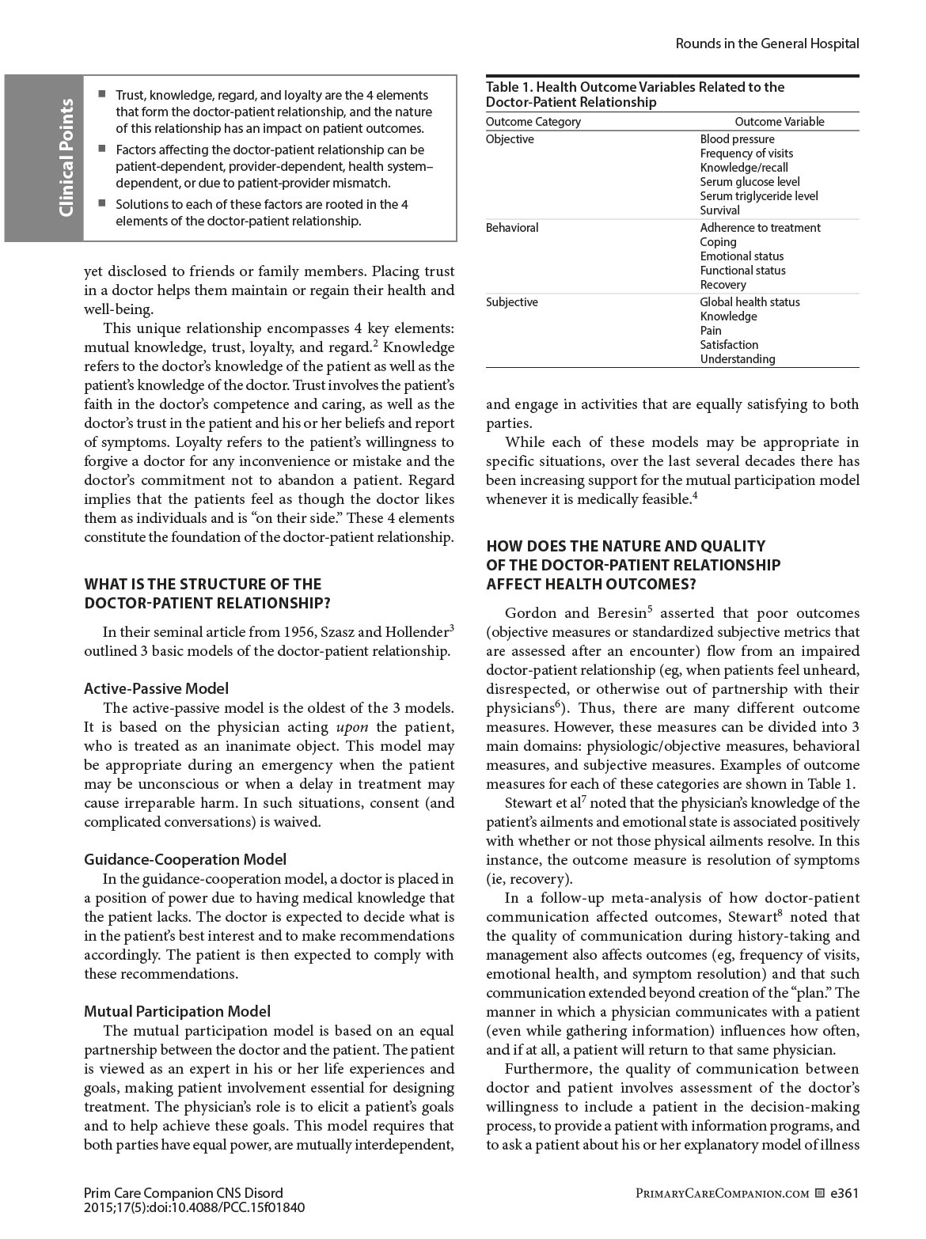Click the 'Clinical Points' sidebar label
tap(66, 157)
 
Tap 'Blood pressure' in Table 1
tap(737, 139)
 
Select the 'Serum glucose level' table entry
tap(750, 182)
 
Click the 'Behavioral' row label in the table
tap(512, 228)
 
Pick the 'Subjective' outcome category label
tap(511, 302)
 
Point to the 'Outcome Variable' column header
tap(779, 122)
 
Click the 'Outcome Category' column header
tap(533, 122)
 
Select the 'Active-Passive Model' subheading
tap(156, 688)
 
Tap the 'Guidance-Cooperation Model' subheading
tap(185, 859)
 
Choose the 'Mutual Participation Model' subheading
tap(177, 1011)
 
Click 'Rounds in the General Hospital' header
tap(767, 44)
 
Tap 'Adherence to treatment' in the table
tap(760, 228)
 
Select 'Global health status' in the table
tap(750, 302)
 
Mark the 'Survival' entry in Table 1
tap(719, 210)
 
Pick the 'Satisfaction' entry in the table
tap(729, 345)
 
